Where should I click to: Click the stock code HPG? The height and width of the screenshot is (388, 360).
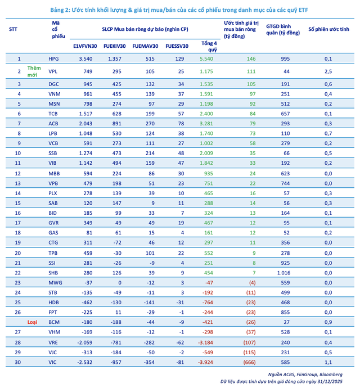(x=53, y=58)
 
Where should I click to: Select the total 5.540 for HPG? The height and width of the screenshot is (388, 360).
(x=206, y=58)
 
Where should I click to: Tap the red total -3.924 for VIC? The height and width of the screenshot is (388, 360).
(x=205, y=362)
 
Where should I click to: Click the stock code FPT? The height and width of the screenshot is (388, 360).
(x=53, y=312)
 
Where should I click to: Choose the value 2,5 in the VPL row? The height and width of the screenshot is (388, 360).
(x=328, y=71)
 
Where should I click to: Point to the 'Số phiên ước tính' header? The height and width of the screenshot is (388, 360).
(x=328, y=29)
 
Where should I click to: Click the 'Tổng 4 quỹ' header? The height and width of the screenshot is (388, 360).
(x=209, y=46)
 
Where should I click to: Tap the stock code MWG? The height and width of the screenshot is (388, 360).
(x=54, y=282)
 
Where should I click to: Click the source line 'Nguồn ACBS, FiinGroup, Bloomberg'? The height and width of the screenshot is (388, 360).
(x=313, y=374)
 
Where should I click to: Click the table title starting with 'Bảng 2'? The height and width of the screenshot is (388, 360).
(x=179, y=10)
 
